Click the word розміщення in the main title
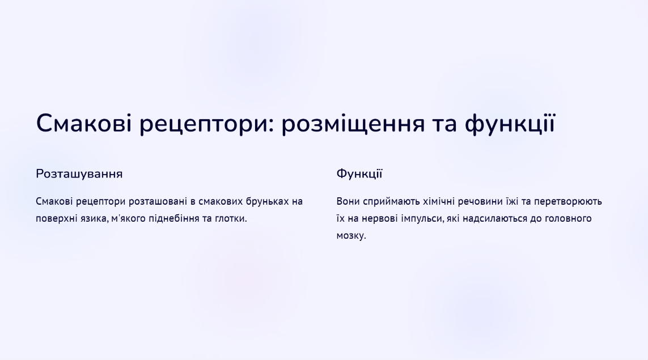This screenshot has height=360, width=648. click(353, 124)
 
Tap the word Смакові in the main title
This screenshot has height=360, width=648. click(84, 123)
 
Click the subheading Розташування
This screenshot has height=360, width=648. click(79, 174)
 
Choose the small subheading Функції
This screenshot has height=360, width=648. click(359, 174)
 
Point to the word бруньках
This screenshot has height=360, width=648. click(267, 202)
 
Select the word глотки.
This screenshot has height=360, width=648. click(231, 219)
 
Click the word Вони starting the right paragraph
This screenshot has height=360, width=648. click(348, 201)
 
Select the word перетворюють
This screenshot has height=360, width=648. click(568, 202)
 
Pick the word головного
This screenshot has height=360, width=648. click(566, 219)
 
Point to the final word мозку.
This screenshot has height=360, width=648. click(351, 236)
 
